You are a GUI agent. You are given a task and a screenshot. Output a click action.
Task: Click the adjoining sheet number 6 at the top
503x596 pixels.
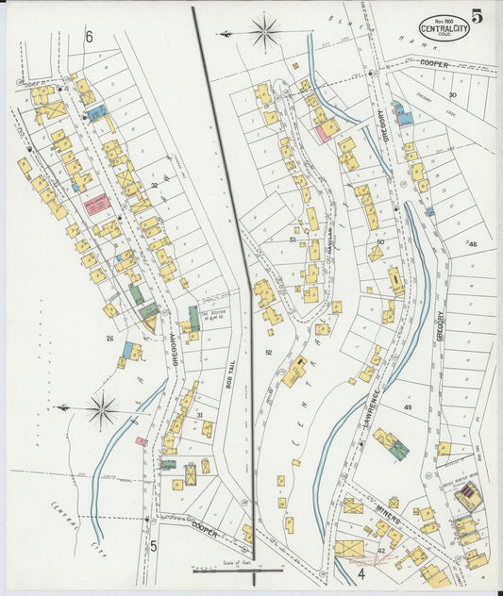click(x=90, y=38)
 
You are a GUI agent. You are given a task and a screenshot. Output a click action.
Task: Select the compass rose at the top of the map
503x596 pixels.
click(x=264, y=32)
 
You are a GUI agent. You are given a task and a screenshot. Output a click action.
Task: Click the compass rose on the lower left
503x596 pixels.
click(x=102, y=410)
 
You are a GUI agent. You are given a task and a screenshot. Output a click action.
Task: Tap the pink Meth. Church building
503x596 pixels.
click(x=97, y=204)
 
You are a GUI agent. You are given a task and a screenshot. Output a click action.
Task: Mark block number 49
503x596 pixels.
click(x=408, y=406)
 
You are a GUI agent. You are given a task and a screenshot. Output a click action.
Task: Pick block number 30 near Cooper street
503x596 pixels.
click(x=452, y=95)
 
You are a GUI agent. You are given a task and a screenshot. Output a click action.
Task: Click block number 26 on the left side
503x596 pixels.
click(x=109, y=338)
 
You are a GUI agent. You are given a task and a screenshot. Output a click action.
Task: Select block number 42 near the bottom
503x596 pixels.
click(x=381, y=549)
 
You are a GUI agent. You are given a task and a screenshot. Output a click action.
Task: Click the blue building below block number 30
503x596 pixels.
click(x=404, y=117)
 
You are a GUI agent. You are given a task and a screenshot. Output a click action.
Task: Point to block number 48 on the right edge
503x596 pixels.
click(x=472, y=244)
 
